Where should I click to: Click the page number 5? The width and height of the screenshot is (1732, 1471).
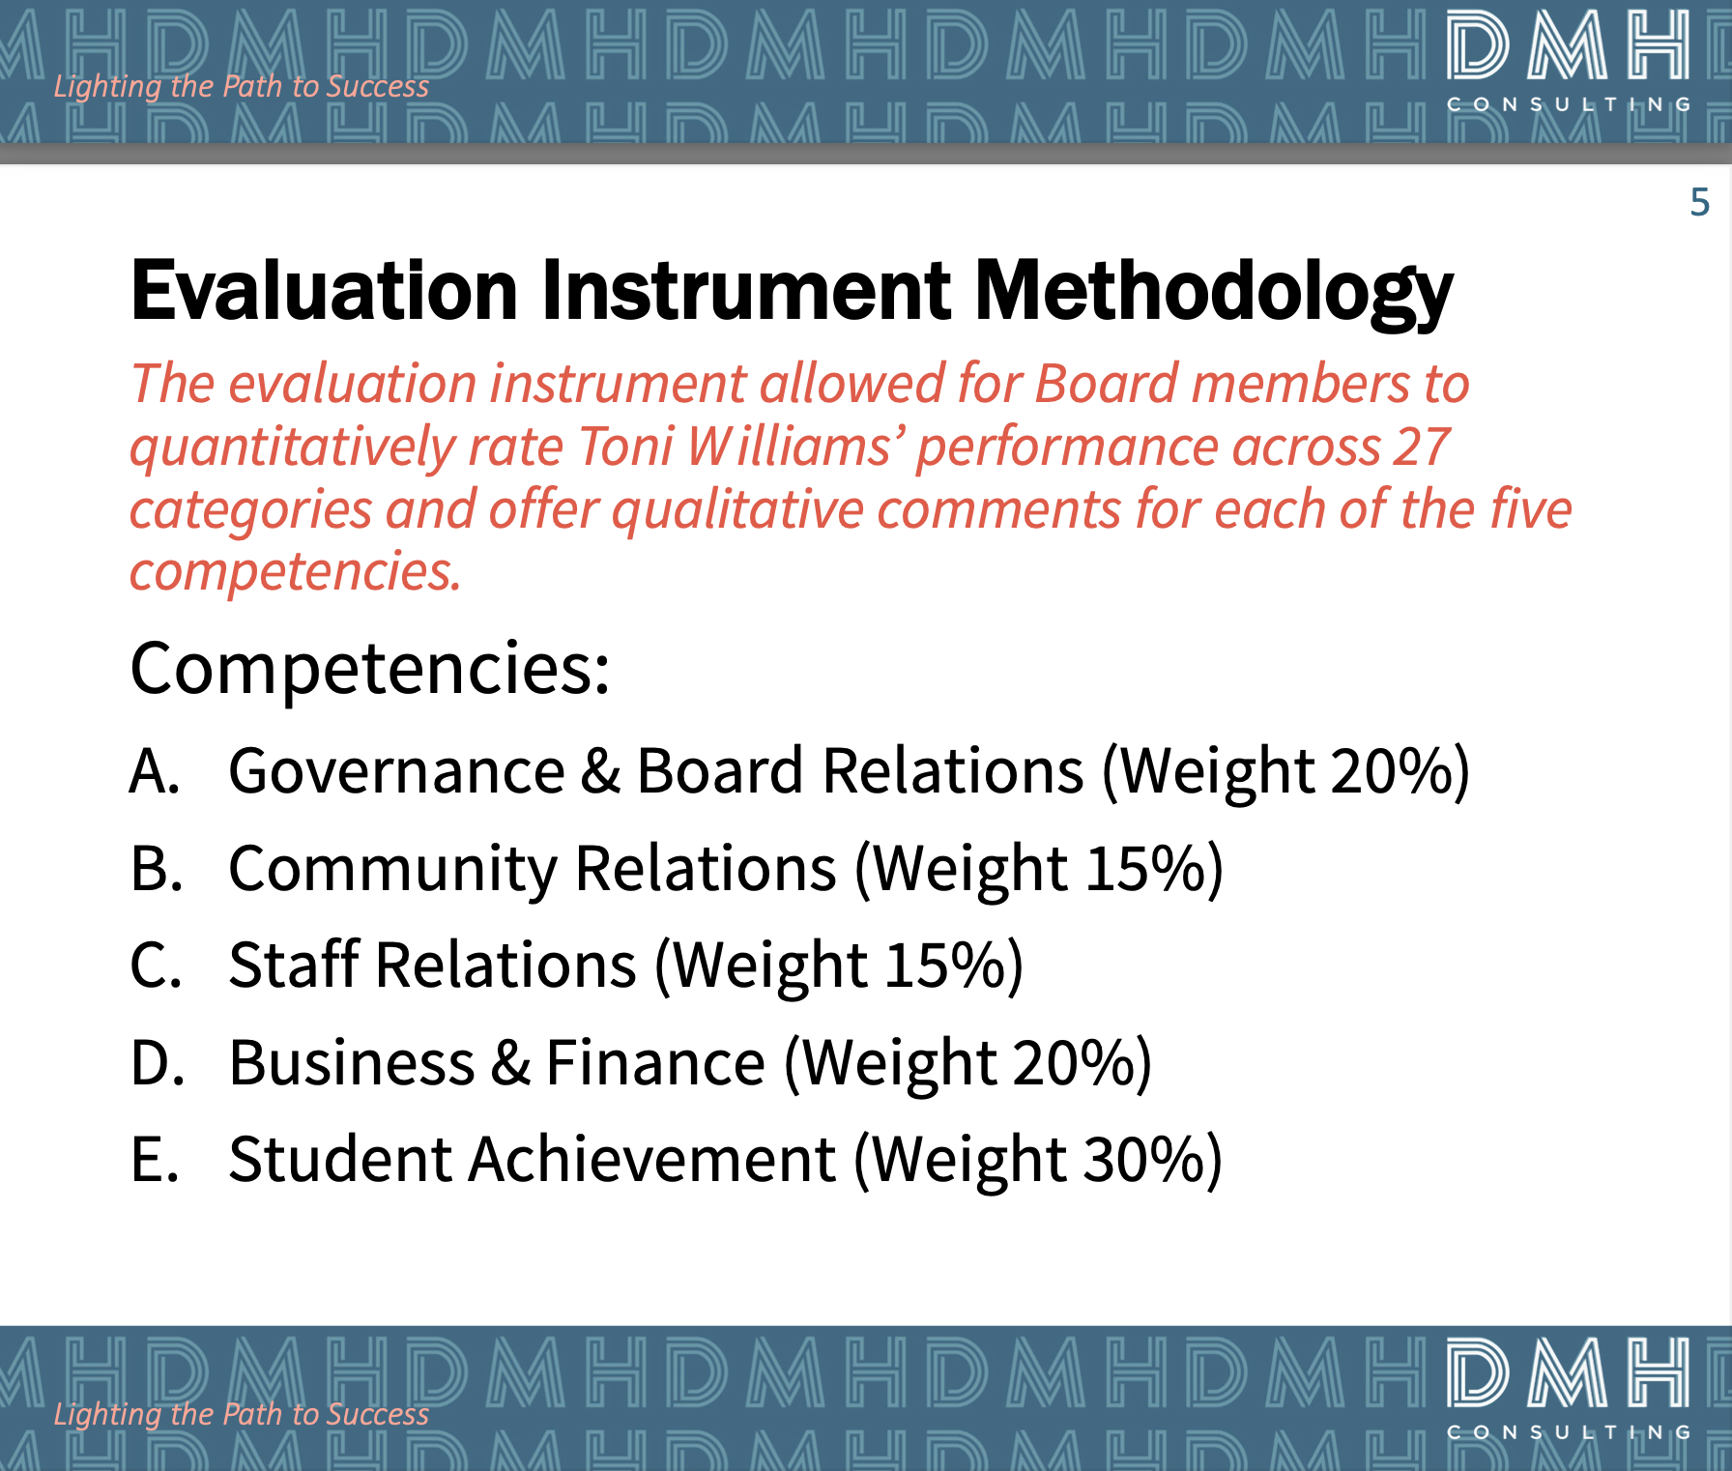1700,202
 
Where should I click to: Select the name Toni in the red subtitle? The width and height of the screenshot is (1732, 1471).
625,447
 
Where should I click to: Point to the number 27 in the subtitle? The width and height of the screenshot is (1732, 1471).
1421,447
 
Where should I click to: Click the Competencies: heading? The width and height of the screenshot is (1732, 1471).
370,669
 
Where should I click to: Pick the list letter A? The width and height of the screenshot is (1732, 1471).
155,771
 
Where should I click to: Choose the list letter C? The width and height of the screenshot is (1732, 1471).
156,966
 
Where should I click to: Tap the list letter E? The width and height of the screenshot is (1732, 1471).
155,1160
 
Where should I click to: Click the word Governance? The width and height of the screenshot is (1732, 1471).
396,771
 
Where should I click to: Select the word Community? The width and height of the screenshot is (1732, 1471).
392,870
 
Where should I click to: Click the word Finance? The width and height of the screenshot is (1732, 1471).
655,1063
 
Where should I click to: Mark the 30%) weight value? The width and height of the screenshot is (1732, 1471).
1152,1160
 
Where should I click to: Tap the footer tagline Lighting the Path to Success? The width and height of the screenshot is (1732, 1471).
241,1414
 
